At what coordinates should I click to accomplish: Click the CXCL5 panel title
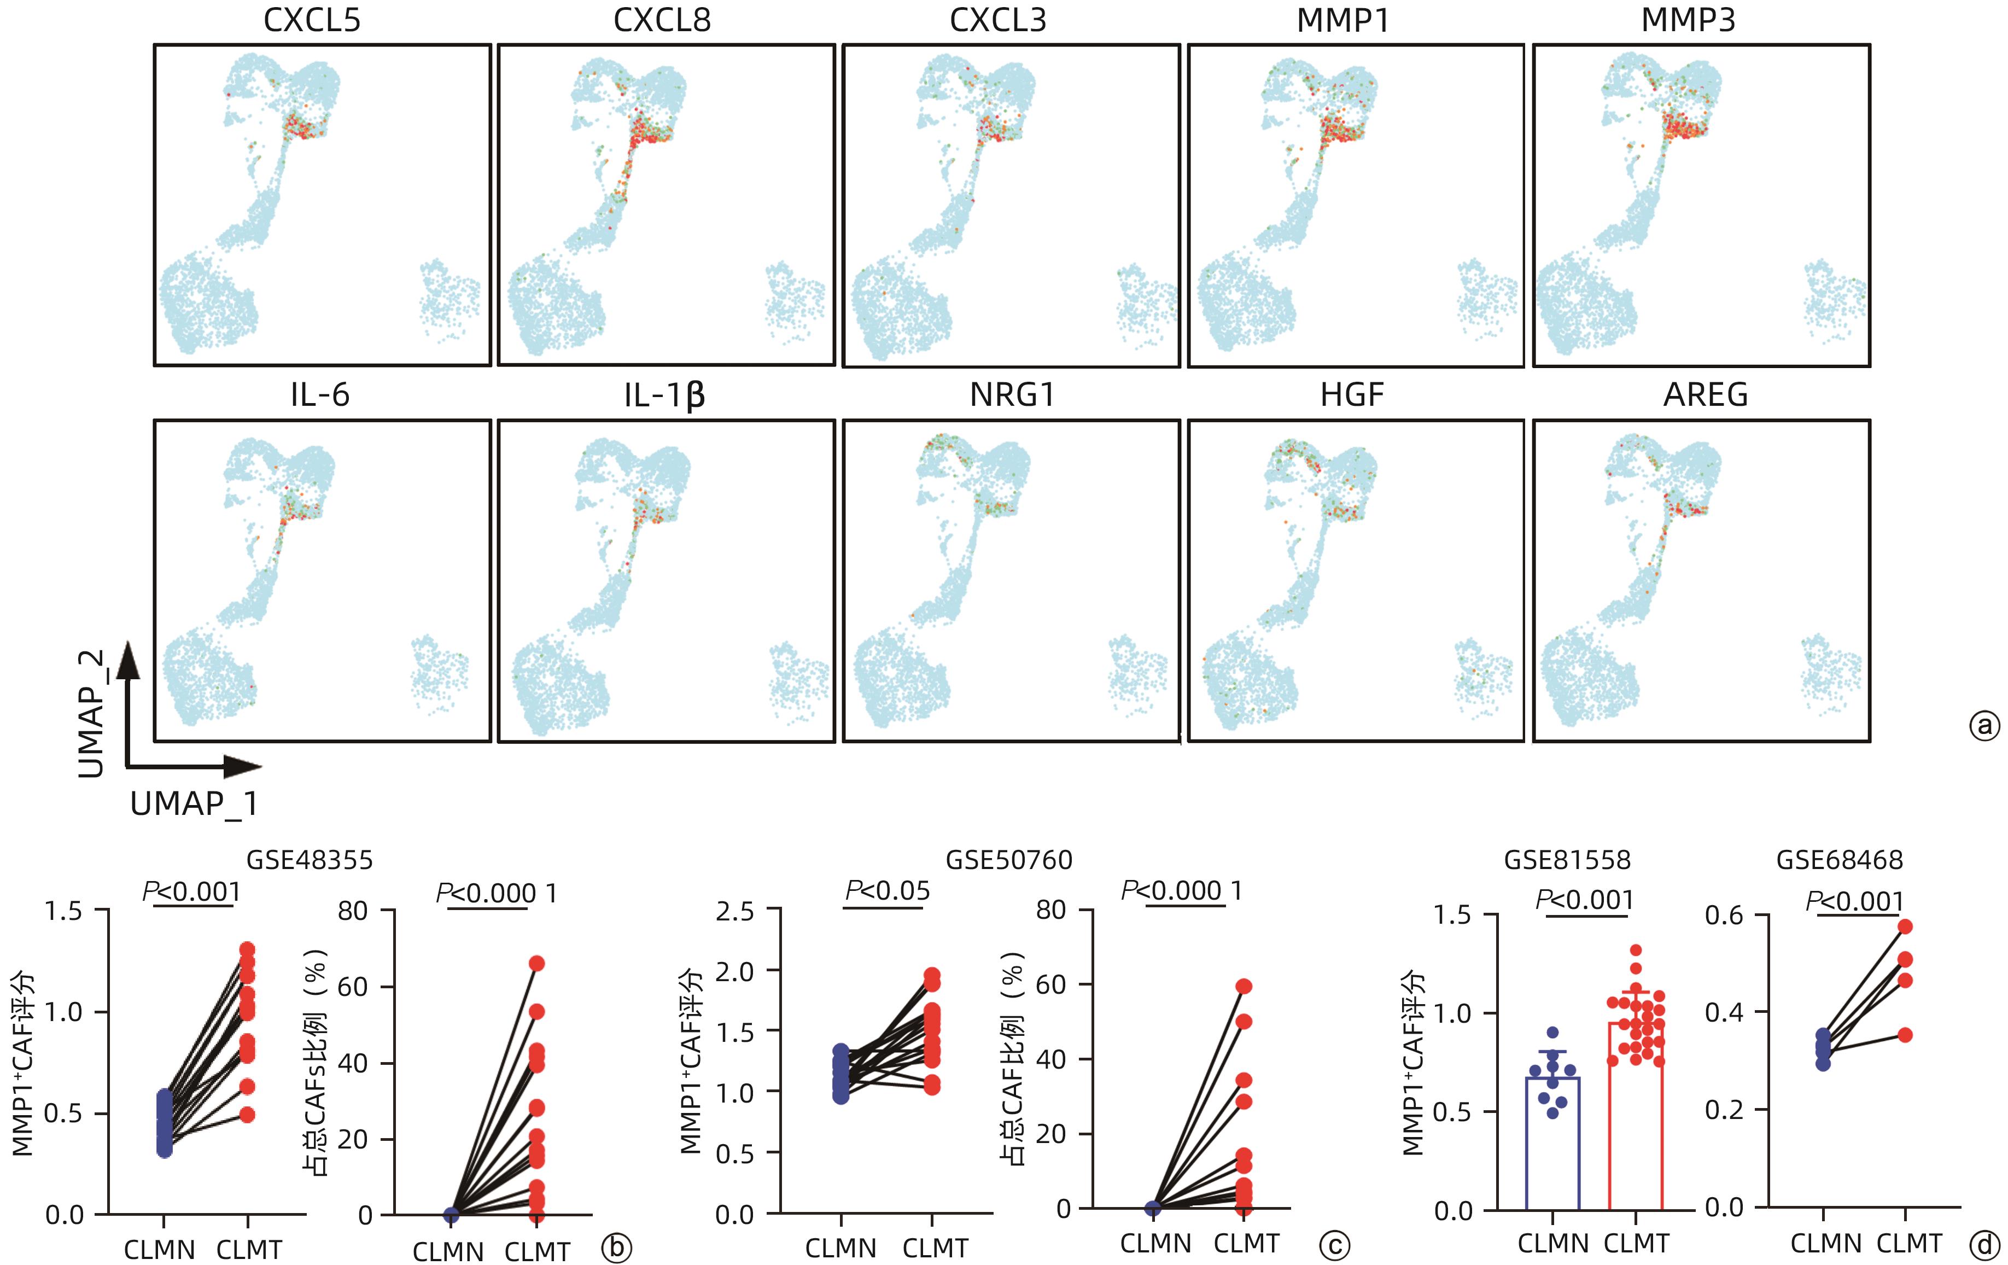coord(312,21)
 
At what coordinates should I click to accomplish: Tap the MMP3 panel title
coord(1688,21)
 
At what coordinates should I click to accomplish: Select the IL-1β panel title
coord(664,395)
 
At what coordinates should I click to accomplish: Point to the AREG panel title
coord(1705,395)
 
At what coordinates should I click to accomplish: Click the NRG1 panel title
coord(1012,395)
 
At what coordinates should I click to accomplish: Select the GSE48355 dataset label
coord(310,860)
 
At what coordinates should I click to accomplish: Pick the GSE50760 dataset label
coord(1008,860)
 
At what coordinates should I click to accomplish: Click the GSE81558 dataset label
coord(1567,860)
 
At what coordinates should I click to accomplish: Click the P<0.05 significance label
coord(888,890)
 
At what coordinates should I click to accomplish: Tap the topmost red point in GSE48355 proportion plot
coord(536,963)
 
